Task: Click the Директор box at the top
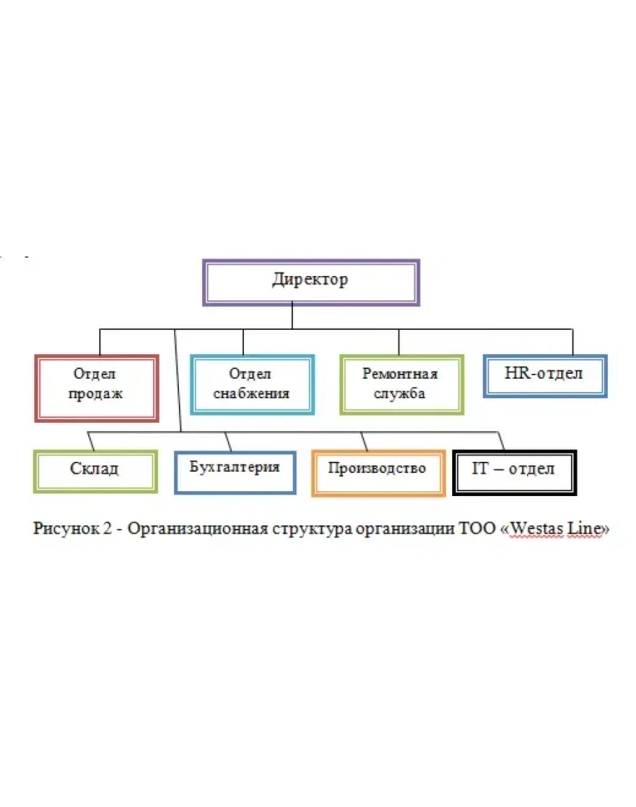point(310,282)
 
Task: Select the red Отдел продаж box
point(96,388)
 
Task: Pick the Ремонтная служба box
point(400,384)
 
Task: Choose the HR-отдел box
point(544,375)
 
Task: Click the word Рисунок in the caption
point(66,529)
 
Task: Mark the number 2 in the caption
point(108,529)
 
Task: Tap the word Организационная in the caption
point(185,529)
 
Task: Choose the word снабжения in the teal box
point(252,393)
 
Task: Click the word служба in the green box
point(400,393)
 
